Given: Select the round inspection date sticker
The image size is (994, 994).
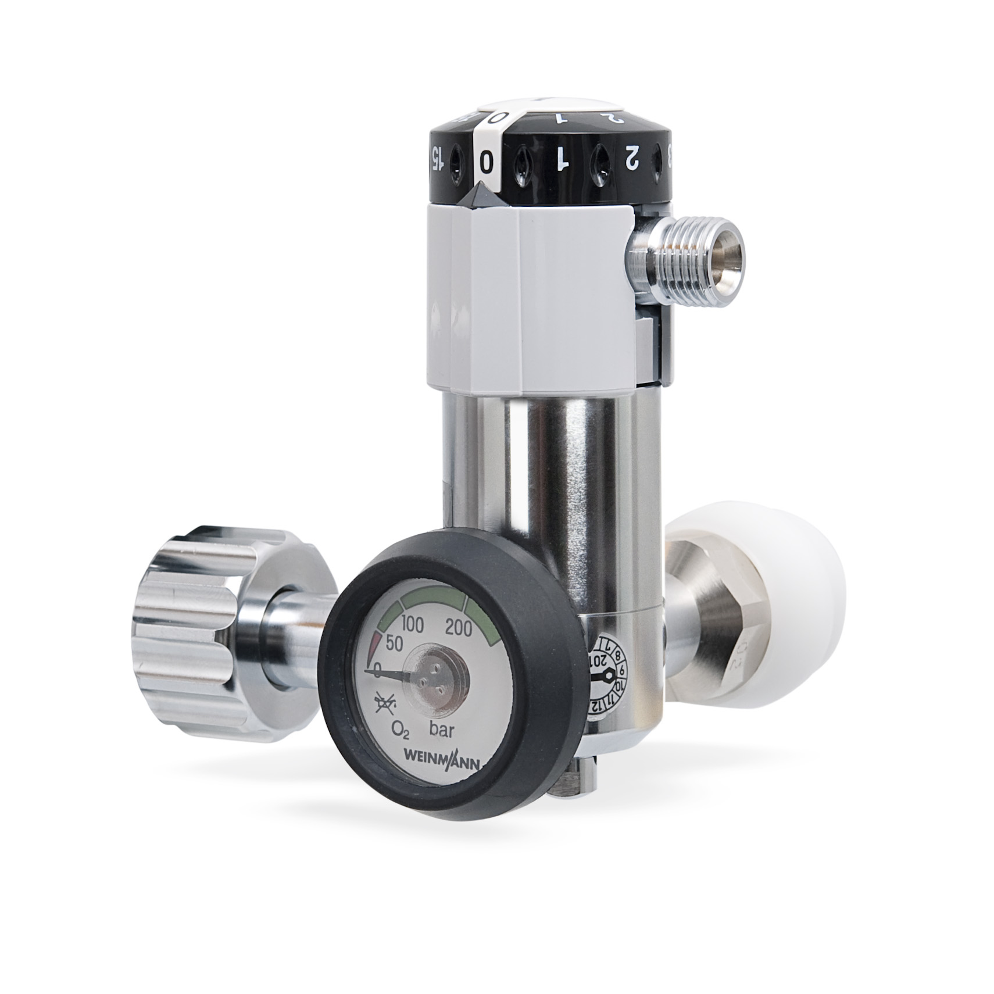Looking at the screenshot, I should [x=608, y=675].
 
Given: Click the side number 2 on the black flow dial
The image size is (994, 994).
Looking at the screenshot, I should [x=632, y=157].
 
